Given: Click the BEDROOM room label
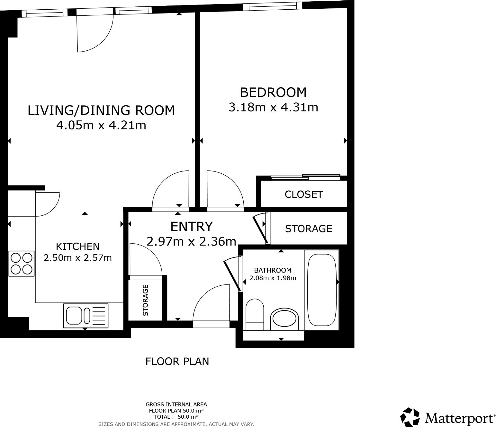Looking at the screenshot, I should pos(273,92).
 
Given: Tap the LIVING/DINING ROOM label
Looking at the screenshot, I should pos(101,110).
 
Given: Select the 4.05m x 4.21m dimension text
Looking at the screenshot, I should pos(101,125).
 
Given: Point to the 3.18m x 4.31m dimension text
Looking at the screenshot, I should pos(273,107).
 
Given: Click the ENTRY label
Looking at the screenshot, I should pos(191,227).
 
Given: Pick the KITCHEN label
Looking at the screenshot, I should pos(77,246).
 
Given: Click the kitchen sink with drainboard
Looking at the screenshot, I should pos(86,316).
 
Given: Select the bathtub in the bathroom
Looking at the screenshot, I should pos(321,290).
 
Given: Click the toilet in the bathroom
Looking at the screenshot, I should pos(255,314).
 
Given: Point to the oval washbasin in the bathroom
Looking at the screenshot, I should pos(284,319).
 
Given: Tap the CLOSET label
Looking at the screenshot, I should pos(303,194).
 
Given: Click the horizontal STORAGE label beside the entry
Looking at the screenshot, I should pos(308,229).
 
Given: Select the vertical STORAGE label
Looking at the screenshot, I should pos(146,300).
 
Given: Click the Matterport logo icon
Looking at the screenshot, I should pos(410,417).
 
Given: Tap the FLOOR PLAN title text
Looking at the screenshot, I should pos(177,362).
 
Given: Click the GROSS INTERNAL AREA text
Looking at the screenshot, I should pos(176,405).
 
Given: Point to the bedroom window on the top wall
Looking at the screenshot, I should pos(273,6).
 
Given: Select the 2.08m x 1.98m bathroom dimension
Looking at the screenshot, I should pos(273,278).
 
